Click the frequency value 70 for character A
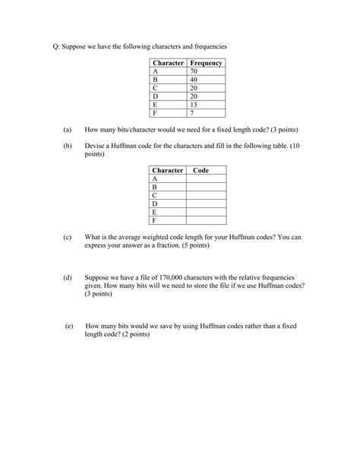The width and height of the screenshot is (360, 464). pos(194,71)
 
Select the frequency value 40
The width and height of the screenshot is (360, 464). pos(194,79)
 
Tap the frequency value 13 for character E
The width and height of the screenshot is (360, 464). pos(194,105)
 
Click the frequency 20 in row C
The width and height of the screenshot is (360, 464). pos(194,87)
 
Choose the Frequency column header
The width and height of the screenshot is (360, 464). pos(206,62)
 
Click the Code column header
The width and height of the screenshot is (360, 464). pos(201,170)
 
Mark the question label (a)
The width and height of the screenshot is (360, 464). pos(68,131)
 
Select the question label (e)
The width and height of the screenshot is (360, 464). pos(69,325)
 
